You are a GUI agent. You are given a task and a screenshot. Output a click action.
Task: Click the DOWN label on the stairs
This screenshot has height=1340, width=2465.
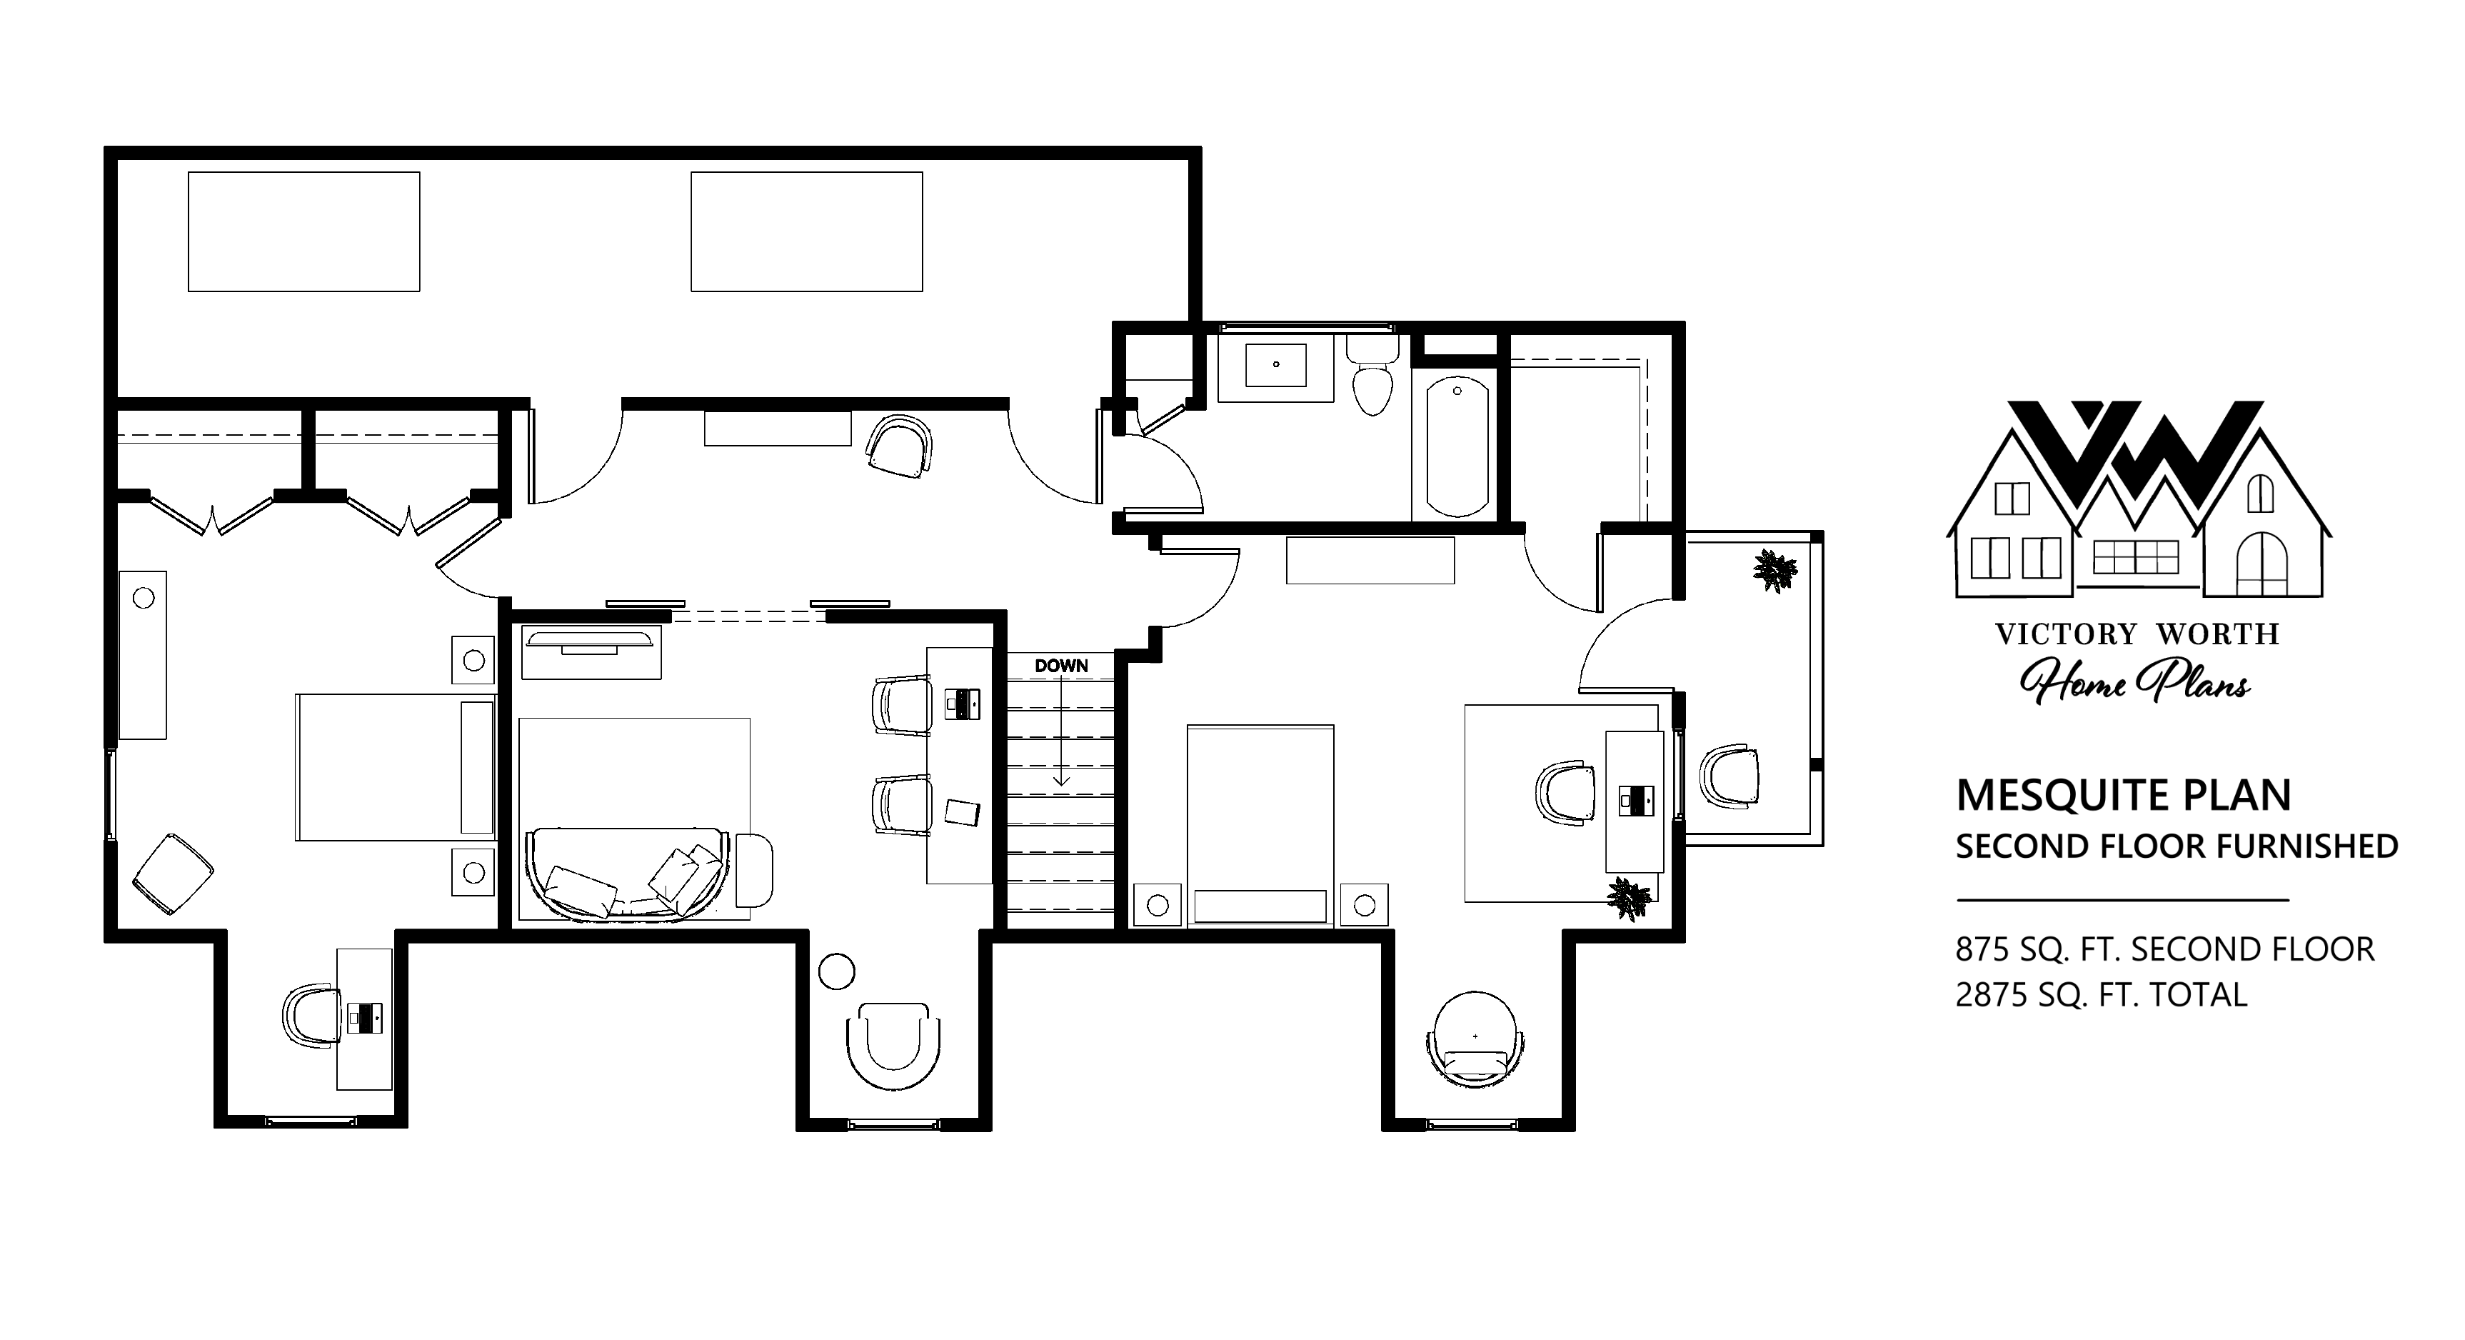tap(1061, 666)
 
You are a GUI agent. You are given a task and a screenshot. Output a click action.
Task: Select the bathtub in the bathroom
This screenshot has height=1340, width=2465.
tap(1457, 446)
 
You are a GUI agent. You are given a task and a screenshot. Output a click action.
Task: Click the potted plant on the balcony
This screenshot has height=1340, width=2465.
tap(1775, 571)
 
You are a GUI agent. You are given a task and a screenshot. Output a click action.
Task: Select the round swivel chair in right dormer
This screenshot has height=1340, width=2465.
tap(1475, 1039)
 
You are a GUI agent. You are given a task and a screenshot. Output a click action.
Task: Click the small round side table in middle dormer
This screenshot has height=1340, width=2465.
tap(836, 971)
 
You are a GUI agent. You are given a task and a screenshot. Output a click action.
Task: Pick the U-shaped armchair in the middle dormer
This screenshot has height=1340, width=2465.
tap(893, 1046)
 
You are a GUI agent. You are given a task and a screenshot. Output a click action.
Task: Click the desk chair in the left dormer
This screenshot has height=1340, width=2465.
tap(312, 1016)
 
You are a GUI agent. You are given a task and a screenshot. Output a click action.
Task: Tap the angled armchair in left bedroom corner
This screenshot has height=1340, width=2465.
tap(172, 874)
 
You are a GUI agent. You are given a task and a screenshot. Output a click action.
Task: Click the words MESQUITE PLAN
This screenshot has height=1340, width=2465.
tap(2124, 796)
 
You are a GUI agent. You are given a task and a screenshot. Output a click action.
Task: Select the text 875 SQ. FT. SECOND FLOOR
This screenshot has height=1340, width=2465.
tap(2164, 949)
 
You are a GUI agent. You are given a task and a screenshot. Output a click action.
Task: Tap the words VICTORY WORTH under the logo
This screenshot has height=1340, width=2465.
tap(2137, 634)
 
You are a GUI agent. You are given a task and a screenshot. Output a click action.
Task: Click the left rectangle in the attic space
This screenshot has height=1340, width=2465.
tap(304, 231)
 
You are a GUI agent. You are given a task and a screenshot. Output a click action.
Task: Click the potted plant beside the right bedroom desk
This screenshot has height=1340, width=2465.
tap(1630, 898)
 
